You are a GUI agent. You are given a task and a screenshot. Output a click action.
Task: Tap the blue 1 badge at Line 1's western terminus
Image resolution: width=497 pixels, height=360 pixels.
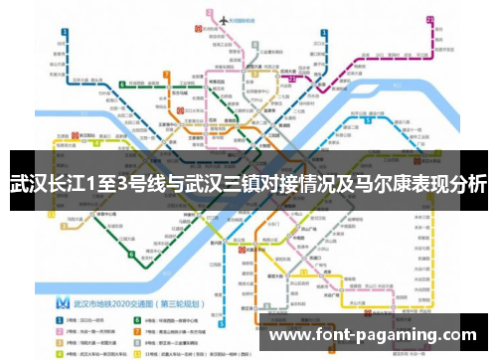pos(63,33)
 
